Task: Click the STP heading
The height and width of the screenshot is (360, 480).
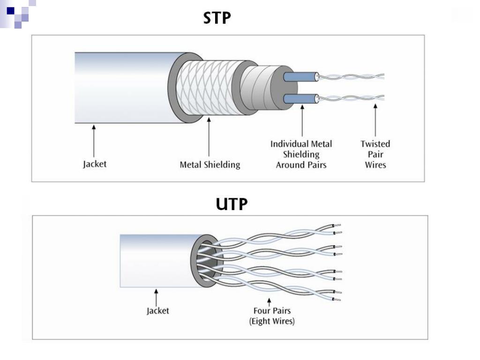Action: [x=217, y=18]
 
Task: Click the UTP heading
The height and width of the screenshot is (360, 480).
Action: [x=232, y=204]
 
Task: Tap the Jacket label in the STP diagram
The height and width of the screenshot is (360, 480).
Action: [x=95, y=164]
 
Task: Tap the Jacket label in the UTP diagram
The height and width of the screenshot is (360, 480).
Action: [x=157, y=311]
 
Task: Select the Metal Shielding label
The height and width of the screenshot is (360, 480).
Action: [x=210, y=165]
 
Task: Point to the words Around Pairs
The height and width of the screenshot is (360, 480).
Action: [x=301, y=165]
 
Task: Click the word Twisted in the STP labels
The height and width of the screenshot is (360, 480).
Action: [x=375, y=144]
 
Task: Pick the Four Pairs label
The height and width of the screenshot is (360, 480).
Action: [x=272, y=311]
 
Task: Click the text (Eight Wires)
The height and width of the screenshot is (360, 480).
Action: [x=272, y=321]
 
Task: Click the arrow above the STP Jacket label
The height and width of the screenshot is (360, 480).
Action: [x=94, y=141]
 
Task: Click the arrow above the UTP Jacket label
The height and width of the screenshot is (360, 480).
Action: [x=156, y=298]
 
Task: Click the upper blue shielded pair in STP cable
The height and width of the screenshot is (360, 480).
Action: [x=300, y=76]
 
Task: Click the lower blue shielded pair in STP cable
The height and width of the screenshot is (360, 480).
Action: [x=300, y=99]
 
